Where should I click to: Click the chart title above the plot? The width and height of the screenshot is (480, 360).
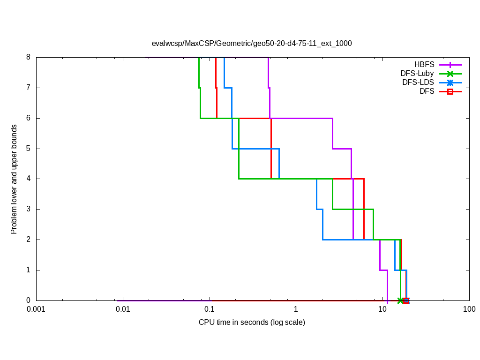click(x=252, y=43)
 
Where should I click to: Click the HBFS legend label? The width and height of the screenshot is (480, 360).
click(x=424, y=65)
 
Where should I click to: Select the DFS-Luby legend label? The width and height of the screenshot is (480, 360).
click(x=417, y=74)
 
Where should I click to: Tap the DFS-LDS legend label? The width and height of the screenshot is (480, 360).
click(x=418, y=82)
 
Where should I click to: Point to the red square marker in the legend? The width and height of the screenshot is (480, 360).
click(x=450, y=91)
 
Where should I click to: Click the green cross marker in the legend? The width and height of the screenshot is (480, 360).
click(x=450, y=74)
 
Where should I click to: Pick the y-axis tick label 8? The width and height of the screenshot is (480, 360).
click(x=28, y=57)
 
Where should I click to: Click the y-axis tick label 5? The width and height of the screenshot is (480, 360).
click(x=28, y=149)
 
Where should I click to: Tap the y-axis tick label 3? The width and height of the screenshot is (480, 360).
click(x=28, y=209)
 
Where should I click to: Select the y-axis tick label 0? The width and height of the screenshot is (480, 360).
click(x=28, y=300)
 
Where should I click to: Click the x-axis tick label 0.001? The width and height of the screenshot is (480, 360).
click(x=36, y=309)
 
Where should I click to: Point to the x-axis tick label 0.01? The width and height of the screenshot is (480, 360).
click(x=123, y=309)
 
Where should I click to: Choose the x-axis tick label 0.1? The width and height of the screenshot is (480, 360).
click(x=210, y=309)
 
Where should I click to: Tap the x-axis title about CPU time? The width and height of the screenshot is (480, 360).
click(x=252, y=322)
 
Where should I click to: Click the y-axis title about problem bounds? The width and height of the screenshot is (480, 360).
click(x=14, y=179)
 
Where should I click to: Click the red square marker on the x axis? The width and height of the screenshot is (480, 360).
click(x=406, y=300)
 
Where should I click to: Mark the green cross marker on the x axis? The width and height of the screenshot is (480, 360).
click(x=400, y=300)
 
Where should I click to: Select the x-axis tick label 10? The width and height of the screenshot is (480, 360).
click(x=382, y=309)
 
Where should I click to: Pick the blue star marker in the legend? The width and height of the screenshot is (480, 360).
click(x=450, y=82)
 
